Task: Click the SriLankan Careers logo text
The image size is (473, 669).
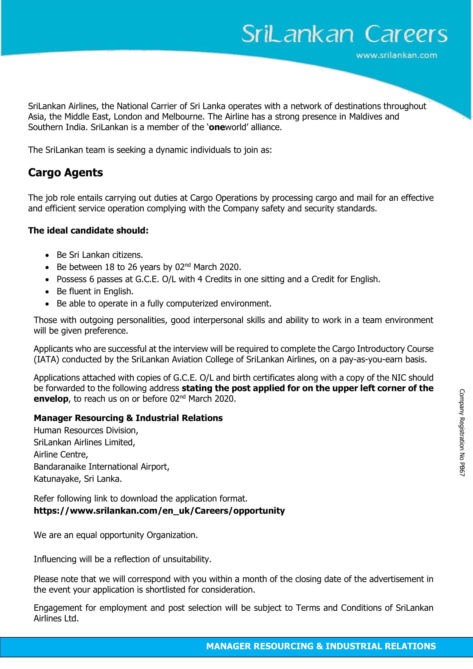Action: click(x=344, y=34)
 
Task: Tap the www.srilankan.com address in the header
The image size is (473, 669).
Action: click(x=396, y=55)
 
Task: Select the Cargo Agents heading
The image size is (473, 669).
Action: click(x=65, y=172)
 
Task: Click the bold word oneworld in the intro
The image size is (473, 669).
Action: click(x=227, y=127)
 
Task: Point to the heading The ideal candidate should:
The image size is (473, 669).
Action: click(x=88, y=231)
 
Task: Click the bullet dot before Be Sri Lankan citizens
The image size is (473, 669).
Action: click(x=47, y=255)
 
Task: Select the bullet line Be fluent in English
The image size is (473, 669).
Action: click(x=95, y=291)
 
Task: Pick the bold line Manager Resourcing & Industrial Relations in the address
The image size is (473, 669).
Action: click(x=128, y=418)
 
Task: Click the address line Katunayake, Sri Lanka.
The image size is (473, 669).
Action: click(x=78, y=479)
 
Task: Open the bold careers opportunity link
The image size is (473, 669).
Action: click(x=159, y=511)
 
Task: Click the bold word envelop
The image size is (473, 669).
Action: click(x=51, y=399)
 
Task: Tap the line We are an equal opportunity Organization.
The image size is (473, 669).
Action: click(x=116, y=535)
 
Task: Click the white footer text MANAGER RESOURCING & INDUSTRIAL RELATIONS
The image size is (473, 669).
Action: click(x=321, y=646)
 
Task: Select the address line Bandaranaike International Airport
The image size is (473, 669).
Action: click(x=101, y=466)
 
